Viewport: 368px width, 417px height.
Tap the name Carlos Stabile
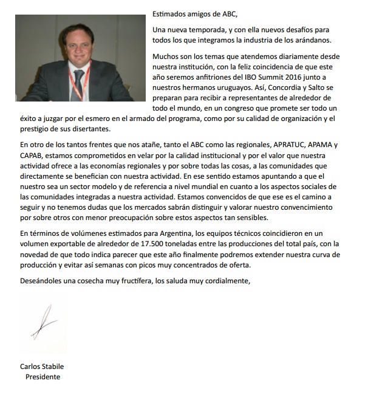[42, 367]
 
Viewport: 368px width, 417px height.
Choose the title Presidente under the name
[43, 377]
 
